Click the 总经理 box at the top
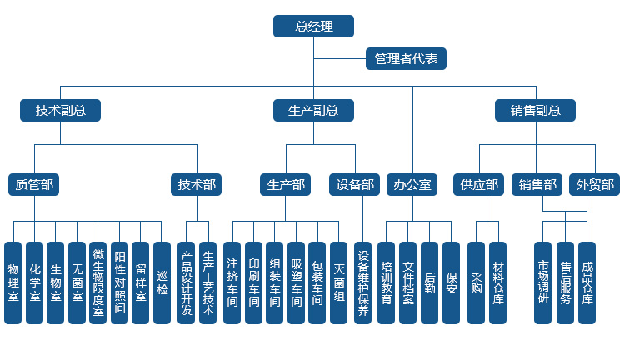click(313, 27)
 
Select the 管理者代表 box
click(406, 59)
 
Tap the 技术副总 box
click(60, 110)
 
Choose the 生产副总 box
click(313, 110)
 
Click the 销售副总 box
click(536, 110)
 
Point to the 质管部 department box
click(34, 185)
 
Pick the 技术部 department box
click(197, 185)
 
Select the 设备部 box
click(357, 185)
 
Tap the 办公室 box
click(412, 185)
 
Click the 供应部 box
click(479, 185)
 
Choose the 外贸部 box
click(595, 185)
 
